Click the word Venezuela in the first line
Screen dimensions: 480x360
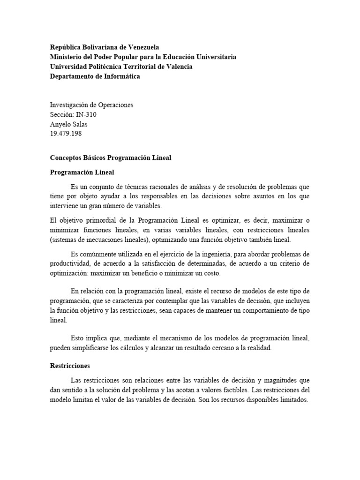pos(142,47)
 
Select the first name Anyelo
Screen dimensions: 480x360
pos(61,124)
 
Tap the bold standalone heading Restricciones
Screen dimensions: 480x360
pos(70,365)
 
